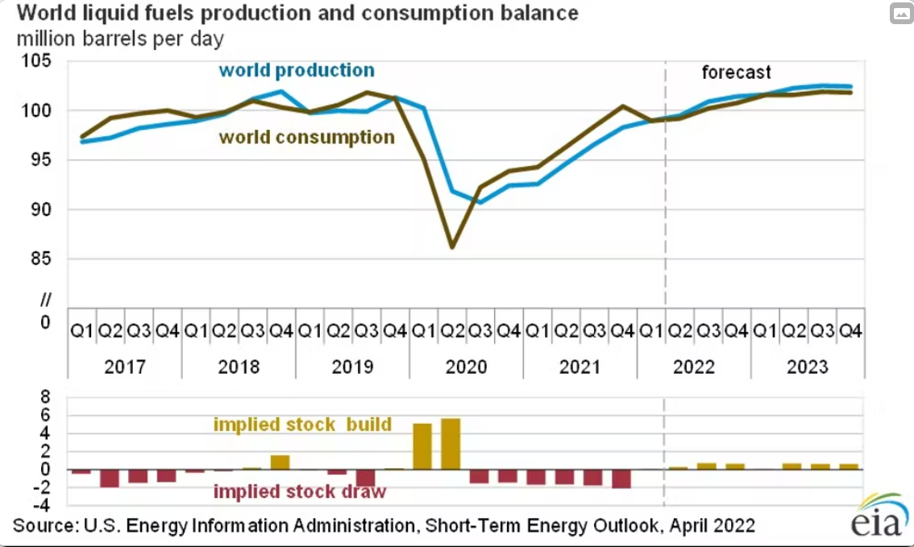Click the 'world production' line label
tap(297, 71)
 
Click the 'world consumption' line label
tap(307, 137)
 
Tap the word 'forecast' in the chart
tap(736, 73)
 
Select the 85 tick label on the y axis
tap(39, 259)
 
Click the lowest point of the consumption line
tap(452, 247)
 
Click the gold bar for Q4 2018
tap(280, 462)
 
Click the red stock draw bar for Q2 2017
tap(110, 478)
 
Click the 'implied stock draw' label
tap(299, 491)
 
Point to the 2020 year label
tap(466, 367)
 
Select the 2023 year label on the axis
tap(808, 367)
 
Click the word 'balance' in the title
tap(538, 14)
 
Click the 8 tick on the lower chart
tap(45, 397)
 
